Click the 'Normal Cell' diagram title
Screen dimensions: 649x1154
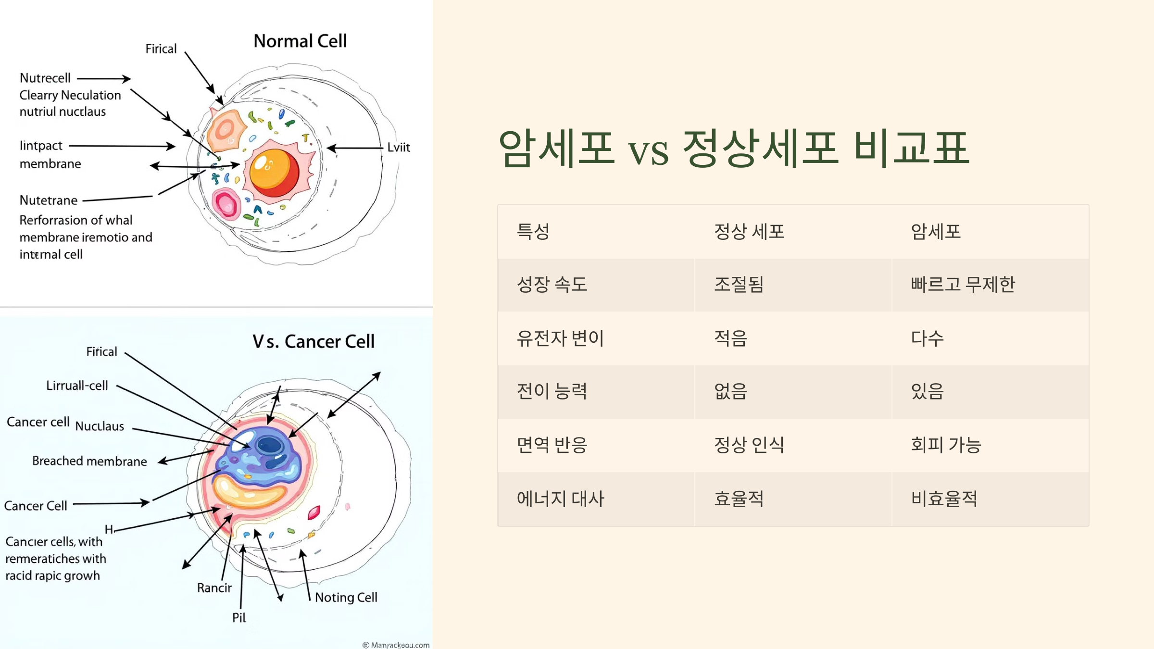tap(300, 41)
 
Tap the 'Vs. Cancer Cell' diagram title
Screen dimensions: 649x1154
tap(313, 342)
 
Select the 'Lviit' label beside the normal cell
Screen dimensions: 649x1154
tap(399, 148)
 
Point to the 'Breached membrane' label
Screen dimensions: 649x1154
tap(89, 462)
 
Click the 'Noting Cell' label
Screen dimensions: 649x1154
tap(346, 598)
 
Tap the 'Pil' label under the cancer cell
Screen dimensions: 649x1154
tap(239, 618)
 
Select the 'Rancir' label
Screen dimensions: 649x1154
tap(214, 588)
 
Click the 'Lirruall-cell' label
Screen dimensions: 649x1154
tap(77, 386)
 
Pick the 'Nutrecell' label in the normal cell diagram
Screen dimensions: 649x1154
tap(45, 78)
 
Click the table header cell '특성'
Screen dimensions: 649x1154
tap(533, 232)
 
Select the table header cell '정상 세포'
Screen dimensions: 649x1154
tap(749, 232)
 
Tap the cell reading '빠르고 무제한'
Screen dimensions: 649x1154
tap(963, 285)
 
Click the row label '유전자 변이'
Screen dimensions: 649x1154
tap(560, 338)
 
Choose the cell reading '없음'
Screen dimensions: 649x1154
tap(730, 391)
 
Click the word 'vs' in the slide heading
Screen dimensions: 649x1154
tap(648, 151)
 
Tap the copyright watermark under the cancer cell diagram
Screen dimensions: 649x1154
tap(396, 645)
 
